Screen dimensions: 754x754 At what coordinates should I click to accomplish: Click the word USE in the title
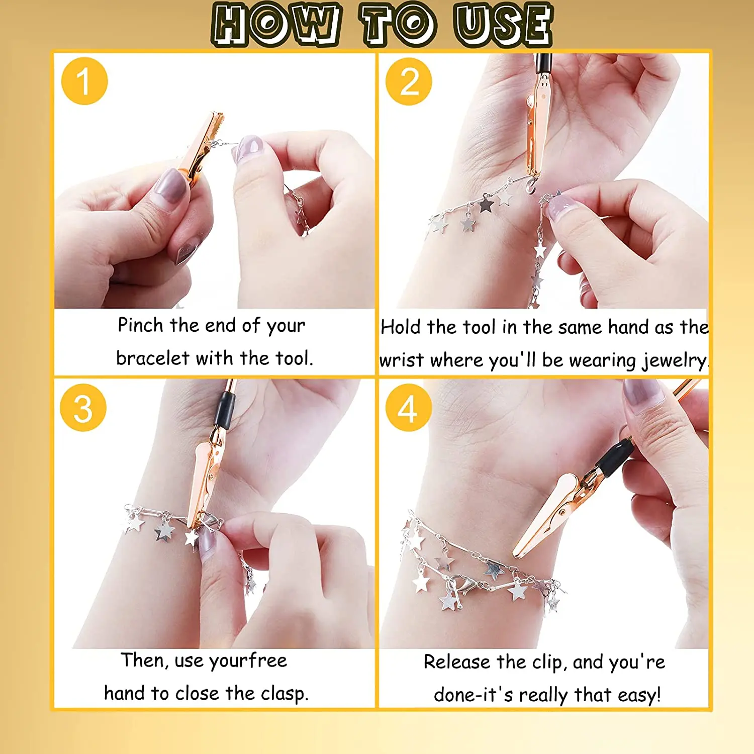(x=503, y=24)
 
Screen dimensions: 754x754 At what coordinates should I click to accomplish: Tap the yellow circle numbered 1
(x=84, y=81)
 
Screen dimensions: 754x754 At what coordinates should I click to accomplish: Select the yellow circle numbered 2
(x=409, y=81)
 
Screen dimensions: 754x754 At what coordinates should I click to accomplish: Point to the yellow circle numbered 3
(x=83, y=408)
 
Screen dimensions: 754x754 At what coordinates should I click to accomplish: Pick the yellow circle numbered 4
(x=408, y=408)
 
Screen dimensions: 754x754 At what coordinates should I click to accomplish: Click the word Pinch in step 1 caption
(x=140, y=325)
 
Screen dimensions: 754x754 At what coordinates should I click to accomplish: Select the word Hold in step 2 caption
(x=400, y=327)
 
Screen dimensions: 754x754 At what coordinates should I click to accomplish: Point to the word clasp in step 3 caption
(x=284, y=694)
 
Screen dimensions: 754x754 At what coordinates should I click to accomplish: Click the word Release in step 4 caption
(x=456, y=662)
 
